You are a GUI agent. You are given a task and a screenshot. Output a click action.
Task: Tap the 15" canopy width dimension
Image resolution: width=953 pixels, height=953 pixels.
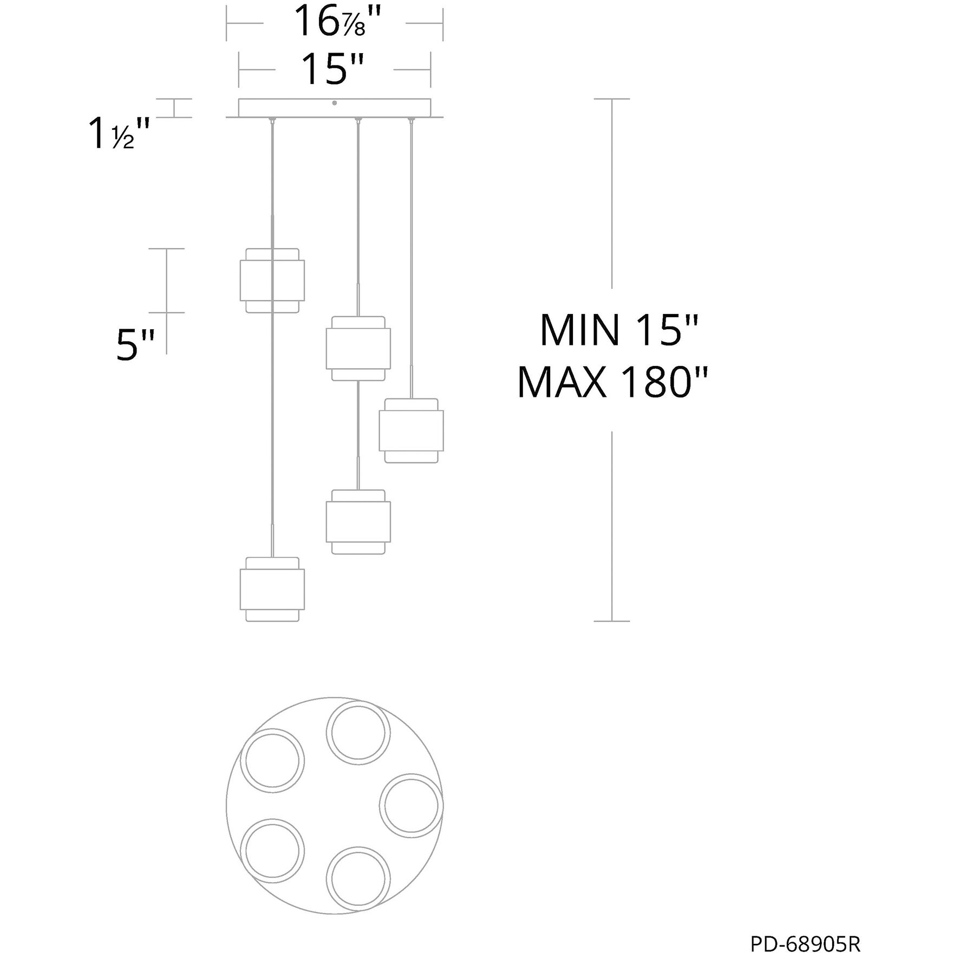332,69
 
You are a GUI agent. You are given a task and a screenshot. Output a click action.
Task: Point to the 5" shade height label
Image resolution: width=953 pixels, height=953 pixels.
135,344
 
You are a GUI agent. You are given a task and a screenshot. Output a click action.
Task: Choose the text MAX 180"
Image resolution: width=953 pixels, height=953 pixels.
612,382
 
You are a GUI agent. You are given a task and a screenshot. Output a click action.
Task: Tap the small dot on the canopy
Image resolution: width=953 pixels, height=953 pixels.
335,103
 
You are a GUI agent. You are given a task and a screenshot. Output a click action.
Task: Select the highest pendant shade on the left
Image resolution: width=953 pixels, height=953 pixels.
272,280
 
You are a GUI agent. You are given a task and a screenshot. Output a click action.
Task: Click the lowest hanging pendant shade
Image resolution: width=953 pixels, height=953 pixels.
272,589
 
